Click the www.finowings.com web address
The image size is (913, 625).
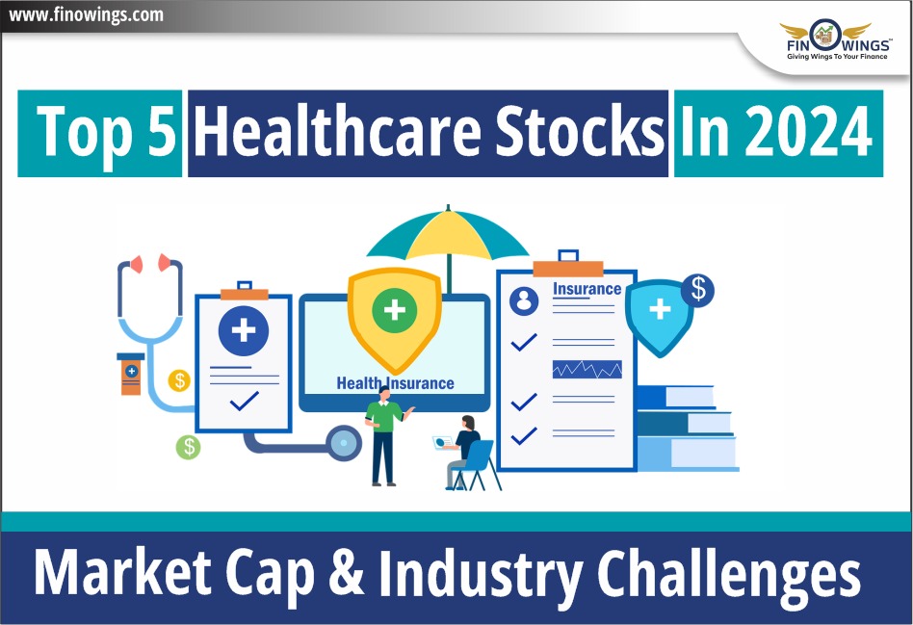(86, 14)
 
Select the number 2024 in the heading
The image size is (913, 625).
(808, 132)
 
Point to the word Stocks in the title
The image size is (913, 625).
(579, 132)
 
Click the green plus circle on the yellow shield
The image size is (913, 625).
(394, 309)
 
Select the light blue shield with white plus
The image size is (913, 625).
(659, 316)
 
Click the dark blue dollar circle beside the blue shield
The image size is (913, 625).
(697, 290)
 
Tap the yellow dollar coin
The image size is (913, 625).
(179, 380)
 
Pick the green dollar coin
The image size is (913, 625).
(189, 447)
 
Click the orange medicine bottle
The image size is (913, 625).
(131, 374)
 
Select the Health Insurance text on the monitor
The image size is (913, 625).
(396, 383)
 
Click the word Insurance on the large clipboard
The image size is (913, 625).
(587, 289)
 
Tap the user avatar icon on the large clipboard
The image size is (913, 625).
(524, 300)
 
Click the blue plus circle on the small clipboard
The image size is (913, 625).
(244, 331)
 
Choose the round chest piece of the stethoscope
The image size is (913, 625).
(344, 443)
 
